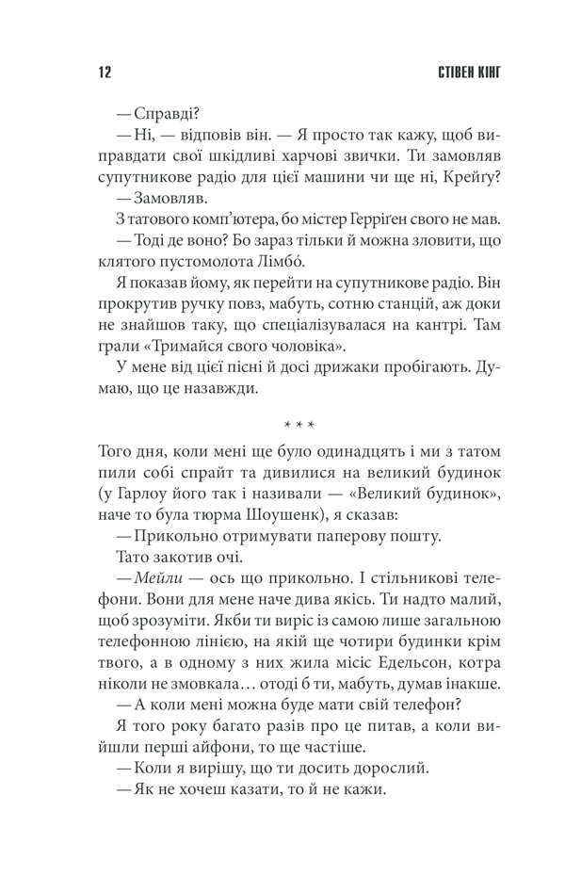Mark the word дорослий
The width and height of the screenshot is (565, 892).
[x=373, y=768]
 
